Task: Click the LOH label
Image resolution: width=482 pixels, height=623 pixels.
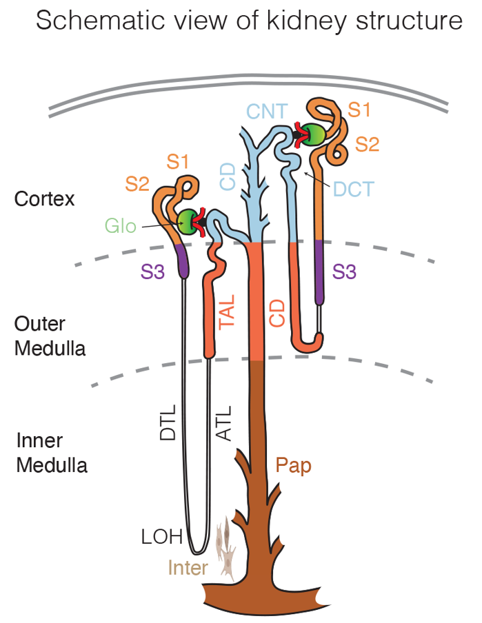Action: (x=161, y=537)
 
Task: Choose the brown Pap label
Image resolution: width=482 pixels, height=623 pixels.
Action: (x=294, y=466)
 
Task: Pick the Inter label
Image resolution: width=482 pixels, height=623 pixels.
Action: (x=188, y=569)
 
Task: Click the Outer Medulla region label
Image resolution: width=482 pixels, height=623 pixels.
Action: (x=50, y=336)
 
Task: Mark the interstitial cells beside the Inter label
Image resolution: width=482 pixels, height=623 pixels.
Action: (x=225, y=548)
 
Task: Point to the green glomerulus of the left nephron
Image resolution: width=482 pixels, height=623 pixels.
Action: (x=187, y=221)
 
